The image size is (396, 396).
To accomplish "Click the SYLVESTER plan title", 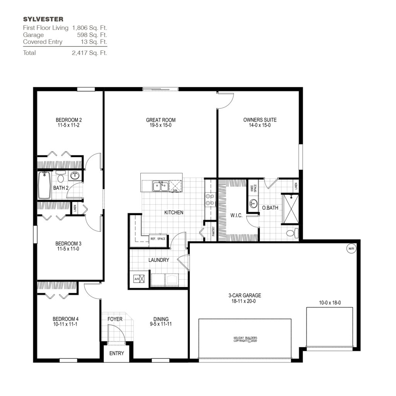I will (x=43, y=19).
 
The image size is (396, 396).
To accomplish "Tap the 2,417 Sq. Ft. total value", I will (x=89, y=53).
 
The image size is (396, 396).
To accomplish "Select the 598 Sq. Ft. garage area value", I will (x=92, y=35).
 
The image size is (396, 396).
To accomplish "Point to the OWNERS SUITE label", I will (x=259, y=120).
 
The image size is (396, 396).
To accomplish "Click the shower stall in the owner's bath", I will (x=290, y=209).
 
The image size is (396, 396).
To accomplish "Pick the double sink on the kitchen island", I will (x=160, y=187).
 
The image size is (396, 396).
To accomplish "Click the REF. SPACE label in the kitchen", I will (x=158, y=239).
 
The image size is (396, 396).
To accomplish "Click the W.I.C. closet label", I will (x=236, y=215).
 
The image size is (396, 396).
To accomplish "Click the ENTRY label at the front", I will (x=116, y=353).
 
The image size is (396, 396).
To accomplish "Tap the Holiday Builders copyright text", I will (x=245, y=340).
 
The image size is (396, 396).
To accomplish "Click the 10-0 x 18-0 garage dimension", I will (x=329, y=303).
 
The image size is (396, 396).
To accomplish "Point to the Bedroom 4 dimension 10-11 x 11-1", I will (x=65, y=324).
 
